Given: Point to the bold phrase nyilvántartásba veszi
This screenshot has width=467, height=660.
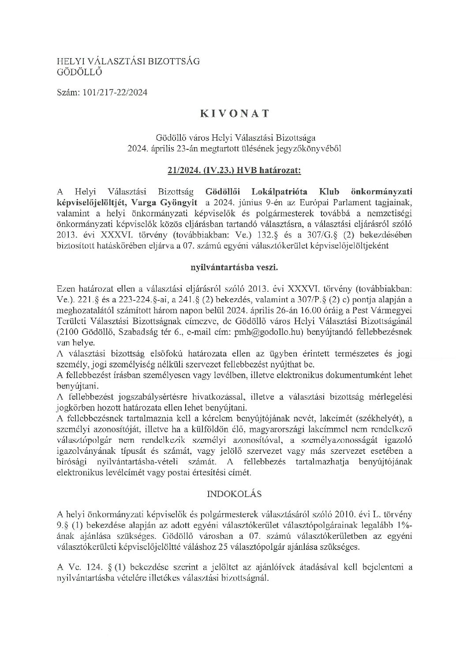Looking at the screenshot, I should click(x=233, y=267).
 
